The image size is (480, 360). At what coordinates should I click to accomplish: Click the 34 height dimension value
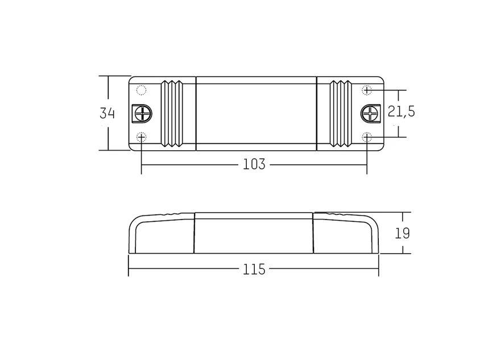pos(107,113)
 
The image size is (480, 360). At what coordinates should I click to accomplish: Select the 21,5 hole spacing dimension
pos(402,111)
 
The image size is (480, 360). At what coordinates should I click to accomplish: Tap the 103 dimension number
pos(254,164)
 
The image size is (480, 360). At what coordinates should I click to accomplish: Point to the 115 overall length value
pos(254,270)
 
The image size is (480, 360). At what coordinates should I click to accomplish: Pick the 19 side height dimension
pos(402,233)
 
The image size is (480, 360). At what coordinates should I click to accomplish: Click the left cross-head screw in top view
pos(142,114)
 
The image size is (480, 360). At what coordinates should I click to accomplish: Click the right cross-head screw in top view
pos(371,114)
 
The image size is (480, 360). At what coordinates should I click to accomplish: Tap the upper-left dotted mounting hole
pos(141,90)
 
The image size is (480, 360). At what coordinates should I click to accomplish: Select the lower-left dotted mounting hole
pos(141,137)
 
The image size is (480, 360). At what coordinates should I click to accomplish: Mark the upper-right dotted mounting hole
pos(367,90)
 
